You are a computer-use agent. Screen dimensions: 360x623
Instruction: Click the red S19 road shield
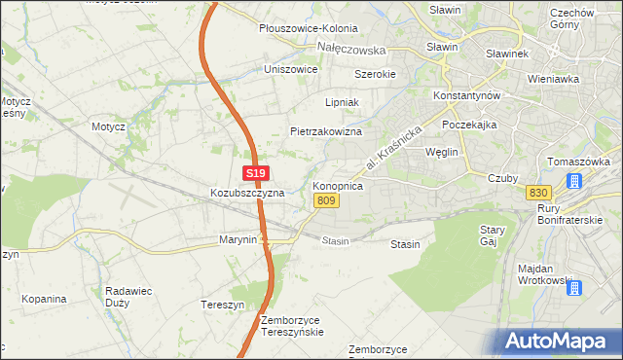tap(255, 173)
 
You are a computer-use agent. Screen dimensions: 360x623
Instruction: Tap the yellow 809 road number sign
tap(326, 200)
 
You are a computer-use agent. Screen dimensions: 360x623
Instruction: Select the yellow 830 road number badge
tap(536, 192)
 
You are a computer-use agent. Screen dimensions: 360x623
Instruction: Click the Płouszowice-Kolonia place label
tap(308, 29)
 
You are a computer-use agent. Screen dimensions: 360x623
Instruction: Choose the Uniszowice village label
tap(291, 70)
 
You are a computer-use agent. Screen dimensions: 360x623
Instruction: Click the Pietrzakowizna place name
tap(326, 130)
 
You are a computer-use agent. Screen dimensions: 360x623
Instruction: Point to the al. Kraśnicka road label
tap(398, 148)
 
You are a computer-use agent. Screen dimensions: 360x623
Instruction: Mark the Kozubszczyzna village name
tap(247, 193)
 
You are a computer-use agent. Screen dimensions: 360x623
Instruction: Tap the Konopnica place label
tap(338, 185)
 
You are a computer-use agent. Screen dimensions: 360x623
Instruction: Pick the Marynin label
tap(238, 239)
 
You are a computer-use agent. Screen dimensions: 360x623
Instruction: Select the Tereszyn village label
tap(221, 304)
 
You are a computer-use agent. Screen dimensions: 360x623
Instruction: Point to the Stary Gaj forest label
tap(491, 235)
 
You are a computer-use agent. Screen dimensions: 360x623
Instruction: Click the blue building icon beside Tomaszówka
tap(575, 181)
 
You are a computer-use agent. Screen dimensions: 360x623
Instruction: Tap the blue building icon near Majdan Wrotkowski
tap(574, 287)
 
